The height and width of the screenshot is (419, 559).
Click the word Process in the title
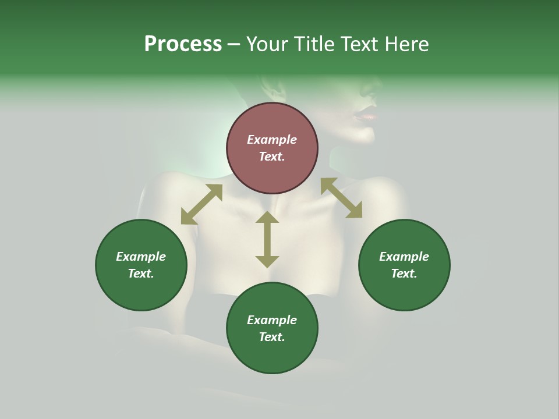pyautogui.click(x=183, y=44)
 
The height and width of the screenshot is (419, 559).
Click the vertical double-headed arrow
pyautogui.click(x=267, y=239)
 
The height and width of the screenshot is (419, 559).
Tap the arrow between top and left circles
pyautogui.click(x=201, y=204)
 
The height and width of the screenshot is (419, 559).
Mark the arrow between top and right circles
pyautogui.click(x=341, y=198)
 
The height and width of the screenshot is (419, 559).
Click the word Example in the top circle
pyautogui.click(x=272, y=140)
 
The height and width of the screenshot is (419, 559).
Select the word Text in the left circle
pyautogui.click(x=141, y=274)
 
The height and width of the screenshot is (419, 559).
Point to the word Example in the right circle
pyautogui.click(x=404, y=257)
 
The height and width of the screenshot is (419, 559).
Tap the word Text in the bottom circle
pyautogui.click(x=272, y=337)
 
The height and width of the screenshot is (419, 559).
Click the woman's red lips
pyautogui.click(x=365, y=115)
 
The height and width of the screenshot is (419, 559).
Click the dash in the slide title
pyautogui.click(x=233, y=44)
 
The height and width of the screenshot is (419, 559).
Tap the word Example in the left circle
pyautogui.click(x=141, y=257)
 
